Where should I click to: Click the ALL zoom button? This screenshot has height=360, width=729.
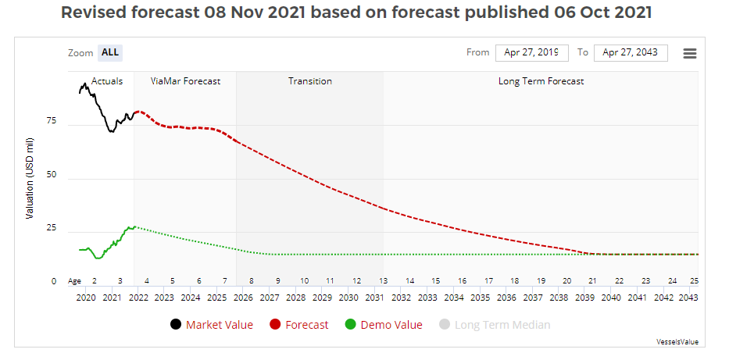pos(110,52)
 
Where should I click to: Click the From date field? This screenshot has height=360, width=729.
pos(531,52)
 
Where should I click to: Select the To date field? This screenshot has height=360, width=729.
pos(630,52)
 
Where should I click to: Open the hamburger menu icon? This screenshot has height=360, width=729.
pos(689,53)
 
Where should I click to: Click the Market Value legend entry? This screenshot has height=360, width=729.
pos(211,325)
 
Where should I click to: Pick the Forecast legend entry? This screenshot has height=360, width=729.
pos(298,325)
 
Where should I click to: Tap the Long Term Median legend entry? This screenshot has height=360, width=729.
pos(494,325)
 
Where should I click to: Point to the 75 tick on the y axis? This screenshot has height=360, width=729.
pos(51,121)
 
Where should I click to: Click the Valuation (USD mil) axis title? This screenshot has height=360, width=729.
pos(30,178)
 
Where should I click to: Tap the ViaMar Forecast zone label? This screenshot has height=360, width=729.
pos(185,81)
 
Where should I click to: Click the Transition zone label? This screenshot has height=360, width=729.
pos(309,81)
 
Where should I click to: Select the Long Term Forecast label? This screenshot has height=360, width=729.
pos(541,81)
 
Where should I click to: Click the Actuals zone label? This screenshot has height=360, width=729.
pos(107,81)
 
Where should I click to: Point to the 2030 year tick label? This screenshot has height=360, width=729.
pos(348,298)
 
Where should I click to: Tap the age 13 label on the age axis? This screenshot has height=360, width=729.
pos(382,280)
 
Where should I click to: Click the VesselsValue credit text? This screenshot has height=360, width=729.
pos(677,342)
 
